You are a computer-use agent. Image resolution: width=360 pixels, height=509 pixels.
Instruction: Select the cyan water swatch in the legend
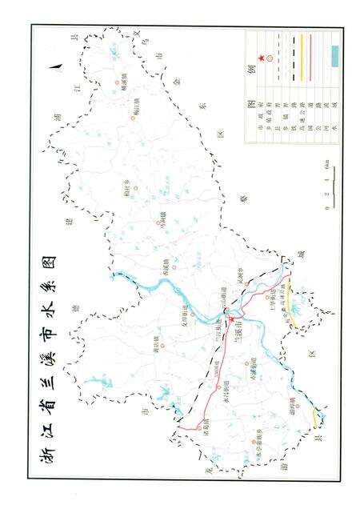pyautogui.click(x=336, y=55)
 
